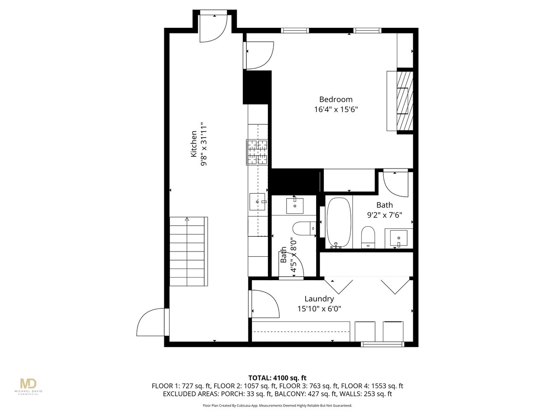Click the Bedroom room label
(x=336, y=99)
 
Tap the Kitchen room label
(x=193, y=144)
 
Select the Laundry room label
(x=319, y=299)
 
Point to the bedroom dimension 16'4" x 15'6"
(x=336, y=109)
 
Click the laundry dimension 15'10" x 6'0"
(x=319, y=309)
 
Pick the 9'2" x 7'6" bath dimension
(x=384, y=215)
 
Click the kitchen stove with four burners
(x=257, y=152)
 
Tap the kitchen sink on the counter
(x=258, y=202)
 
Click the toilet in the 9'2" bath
(x=368, y=237)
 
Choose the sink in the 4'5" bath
(x=294, y=206)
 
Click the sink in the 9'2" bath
(x=398, y=238)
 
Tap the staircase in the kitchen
(x=188, y=252)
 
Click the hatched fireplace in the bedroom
(x=405, y=101)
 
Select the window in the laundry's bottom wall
(x=382, y=344)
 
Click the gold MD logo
(x=28, y=384)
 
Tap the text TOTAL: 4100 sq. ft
(x=277, y=378)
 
